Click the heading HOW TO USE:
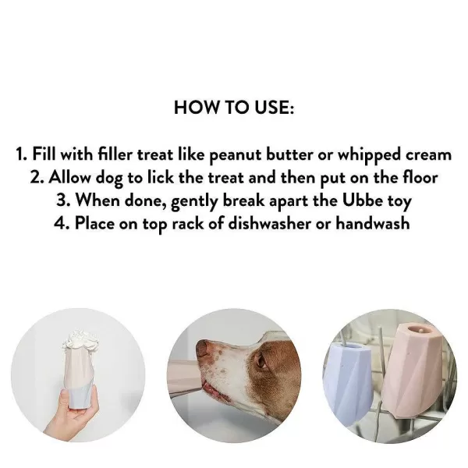(234, 108)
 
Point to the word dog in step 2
(109, 179)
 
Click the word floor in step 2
(420, 178)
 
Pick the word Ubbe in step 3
(363, 200)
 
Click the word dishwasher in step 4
(270, 223)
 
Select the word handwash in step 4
(373, 223)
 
